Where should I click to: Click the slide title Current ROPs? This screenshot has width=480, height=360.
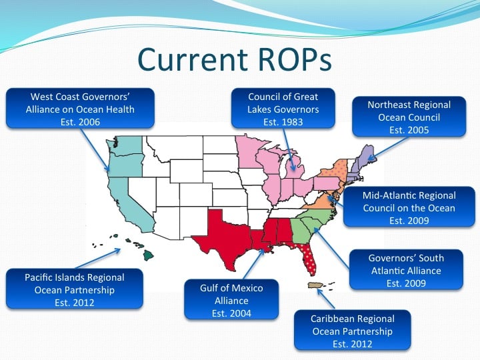[235, 59]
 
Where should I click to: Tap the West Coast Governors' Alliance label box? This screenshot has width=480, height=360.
[80, 108]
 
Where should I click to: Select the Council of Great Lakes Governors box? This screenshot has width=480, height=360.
[283, 108]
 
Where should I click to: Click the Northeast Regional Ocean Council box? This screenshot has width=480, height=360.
[409, 116]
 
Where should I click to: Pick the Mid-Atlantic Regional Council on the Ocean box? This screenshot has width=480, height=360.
[409, 207]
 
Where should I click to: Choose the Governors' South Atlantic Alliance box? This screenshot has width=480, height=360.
[406, 269]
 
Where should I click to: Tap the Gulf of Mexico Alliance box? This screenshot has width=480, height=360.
[231, 299]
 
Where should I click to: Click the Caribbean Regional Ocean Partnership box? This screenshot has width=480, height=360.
[353, 330]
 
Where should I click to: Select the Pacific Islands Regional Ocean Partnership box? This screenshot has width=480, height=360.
[75, 289]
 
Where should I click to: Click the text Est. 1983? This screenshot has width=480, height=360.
[283, 122]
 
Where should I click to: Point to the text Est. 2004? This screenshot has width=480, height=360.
[231, 313]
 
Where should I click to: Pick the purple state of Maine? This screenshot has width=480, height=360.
[366, 155]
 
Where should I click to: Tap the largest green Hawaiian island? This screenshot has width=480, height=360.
[148, 255]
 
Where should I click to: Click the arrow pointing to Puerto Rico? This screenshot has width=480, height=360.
[326, 299]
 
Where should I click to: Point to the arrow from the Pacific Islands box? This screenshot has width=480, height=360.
[97, 259]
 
